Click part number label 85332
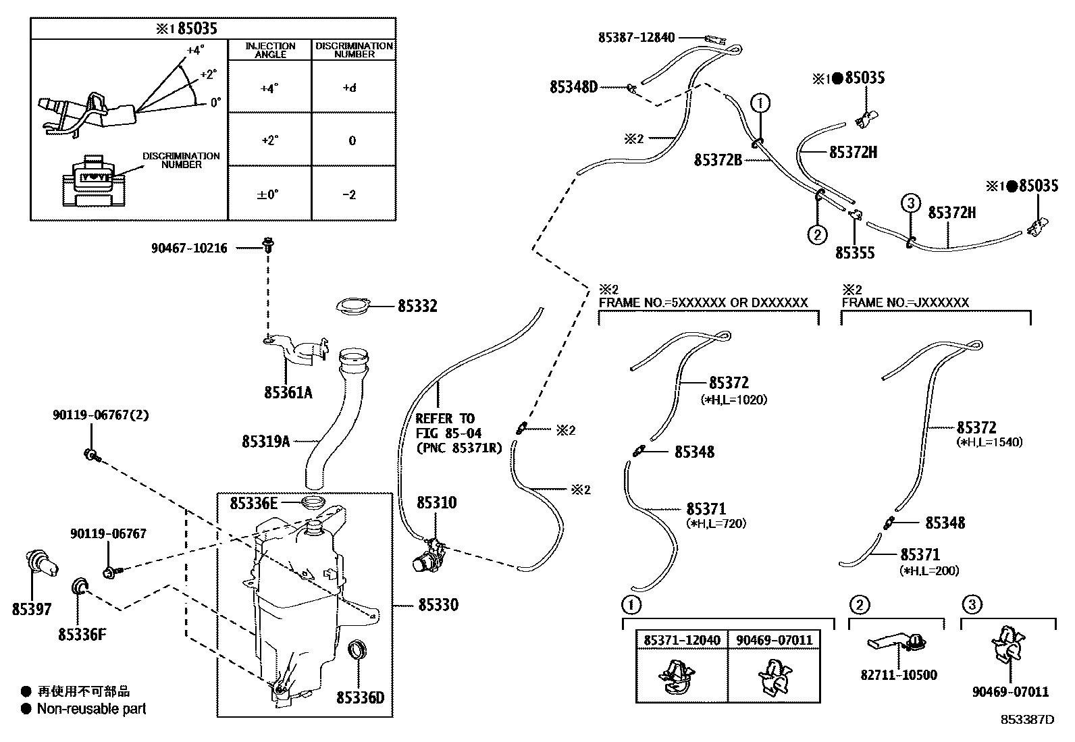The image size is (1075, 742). [417, 307]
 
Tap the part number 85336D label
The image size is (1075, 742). [360, 697]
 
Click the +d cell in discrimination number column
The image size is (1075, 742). [350, 88]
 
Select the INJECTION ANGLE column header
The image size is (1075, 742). [270, 50]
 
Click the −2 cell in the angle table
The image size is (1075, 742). [349, 195]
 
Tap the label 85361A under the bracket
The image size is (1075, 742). [288, 392]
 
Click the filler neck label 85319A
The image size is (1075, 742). [265, 442]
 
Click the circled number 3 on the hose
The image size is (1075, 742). [910, 202]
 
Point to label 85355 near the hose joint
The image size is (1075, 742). [854, 253]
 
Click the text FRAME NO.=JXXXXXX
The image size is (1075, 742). [905, 302]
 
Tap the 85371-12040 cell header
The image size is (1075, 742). [681, 640]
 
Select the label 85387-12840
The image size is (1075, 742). [636, 38]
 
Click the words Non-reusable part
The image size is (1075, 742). [91, 709]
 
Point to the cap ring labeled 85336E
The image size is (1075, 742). [313, 503]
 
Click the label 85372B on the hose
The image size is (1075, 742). [718, 160]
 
